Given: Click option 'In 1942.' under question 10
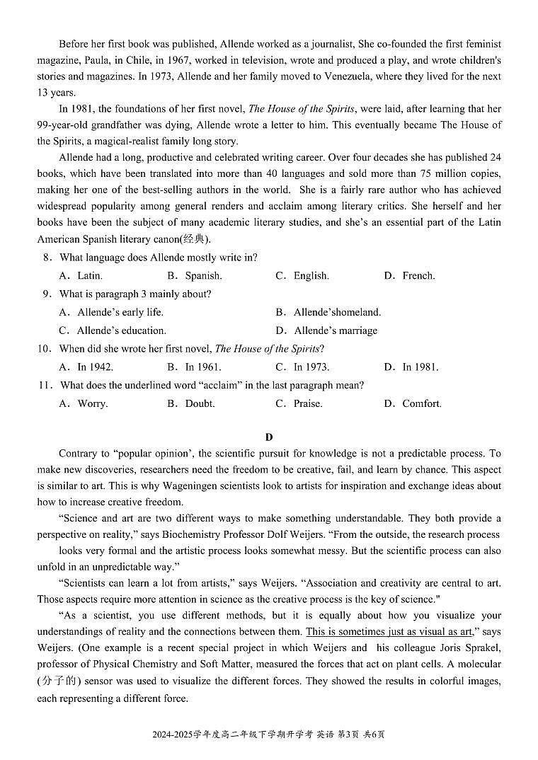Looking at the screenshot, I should [95, 367].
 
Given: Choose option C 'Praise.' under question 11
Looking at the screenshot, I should [308, 404].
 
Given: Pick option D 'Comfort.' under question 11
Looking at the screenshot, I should [422, 404].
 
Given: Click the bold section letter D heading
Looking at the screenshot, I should [269, 437].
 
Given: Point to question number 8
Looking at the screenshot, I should [46, 258].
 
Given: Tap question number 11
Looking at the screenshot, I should [45, 386].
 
